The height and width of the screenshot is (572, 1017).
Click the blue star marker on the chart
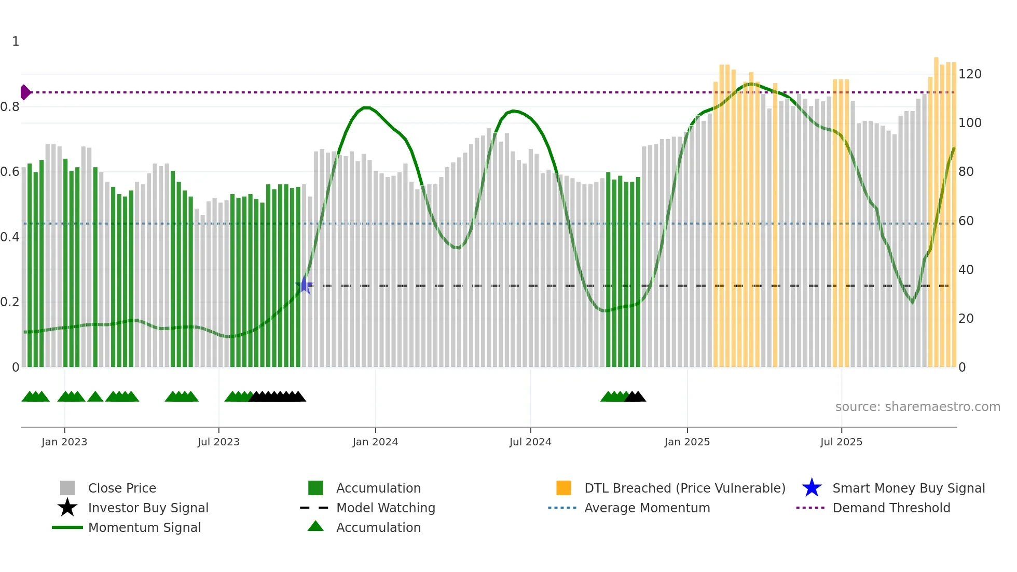304,285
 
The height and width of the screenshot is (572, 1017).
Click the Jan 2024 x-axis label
375,442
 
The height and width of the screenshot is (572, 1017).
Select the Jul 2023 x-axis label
218,442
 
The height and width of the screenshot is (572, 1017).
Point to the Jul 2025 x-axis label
841,442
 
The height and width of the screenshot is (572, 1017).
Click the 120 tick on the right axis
969,74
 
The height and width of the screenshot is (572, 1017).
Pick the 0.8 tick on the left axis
10,107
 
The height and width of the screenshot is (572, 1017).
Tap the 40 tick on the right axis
966,270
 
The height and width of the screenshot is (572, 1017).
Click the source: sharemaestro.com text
917,407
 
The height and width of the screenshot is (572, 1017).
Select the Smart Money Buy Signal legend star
812,488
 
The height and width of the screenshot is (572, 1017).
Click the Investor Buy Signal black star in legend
67,508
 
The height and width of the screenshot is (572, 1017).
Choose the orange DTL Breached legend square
564,488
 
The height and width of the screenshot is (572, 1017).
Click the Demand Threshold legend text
891,508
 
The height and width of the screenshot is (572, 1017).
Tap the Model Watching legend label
386,508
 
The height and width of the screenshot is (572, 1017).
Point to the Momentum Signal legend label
144,527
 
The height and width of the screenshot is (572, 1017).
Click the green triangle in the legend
315,526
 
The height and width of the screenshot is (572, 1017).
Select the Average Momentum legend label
647,508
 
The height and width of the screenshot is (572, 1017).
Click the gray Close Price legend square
67,488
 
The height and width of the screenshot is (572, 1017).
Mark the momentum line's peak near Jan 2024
366,107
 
